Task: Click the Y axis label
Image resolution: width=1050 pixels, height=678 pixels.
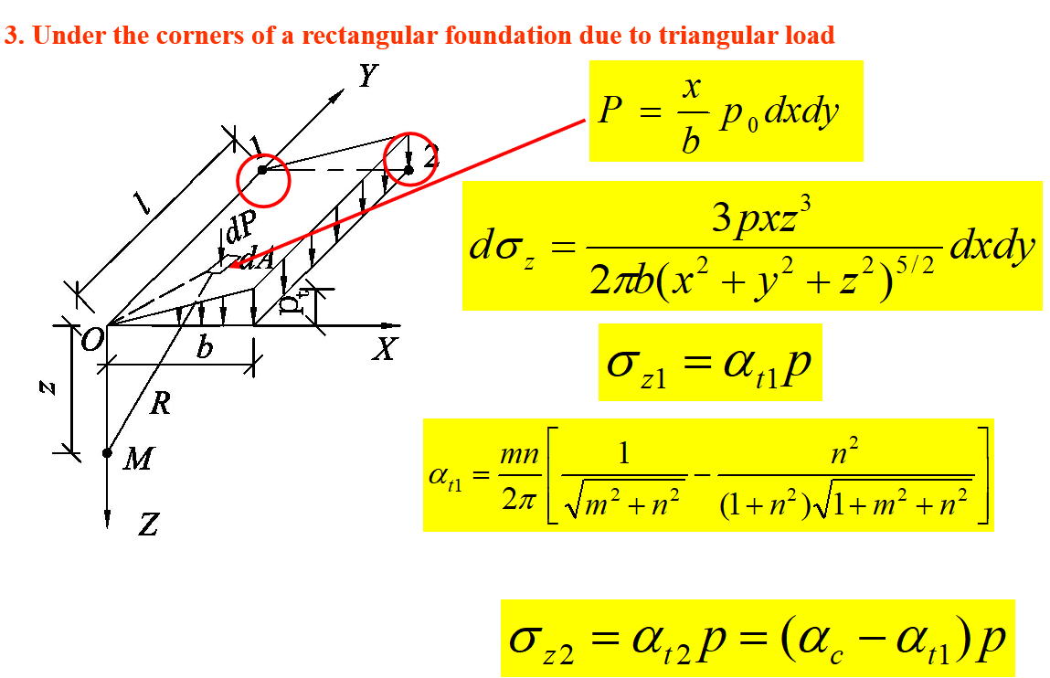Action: point(366,76)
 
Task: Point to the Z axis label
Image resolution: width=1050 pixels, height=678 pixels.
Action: point(148,524)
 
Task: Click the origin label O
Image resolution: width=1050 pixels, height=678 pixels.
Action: point(90,342)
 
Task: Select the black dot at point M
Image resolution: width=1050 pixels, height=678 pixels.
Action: point(107,452)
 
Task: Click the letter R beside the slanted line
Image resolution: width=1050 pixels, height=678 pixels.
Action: point(160,403)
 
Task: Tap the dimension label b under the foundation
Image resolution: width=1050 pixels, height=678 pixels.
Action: point(205,348)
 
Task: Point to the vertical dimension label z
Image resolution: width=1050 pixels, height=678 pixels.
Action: point(47,387)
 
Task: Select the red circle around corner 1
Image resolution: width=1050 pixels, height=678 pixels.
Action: point(263,179)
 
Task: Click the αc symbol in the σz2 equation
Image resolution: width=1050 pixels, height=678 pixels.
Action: point(825,640)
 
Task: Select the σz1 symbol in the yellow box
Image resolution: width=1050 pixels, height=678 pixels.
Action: point(636,365)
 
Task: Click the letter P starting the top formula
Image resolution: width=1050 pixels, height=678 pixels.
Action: point(610,111)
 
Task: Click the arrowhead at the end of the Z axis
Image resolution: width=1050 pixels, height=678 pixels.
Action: point(107,518)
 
